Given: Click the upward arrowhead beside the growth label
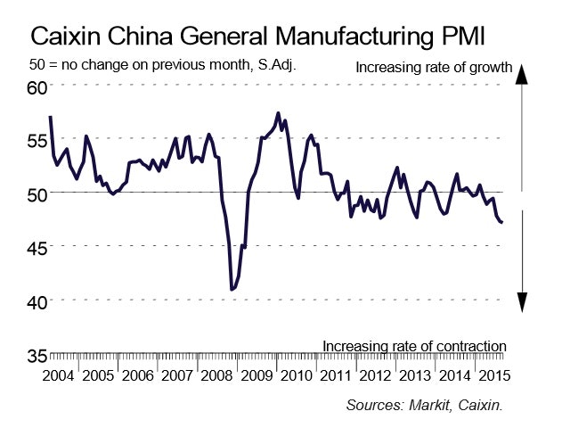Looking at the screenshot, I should tap(525, 74).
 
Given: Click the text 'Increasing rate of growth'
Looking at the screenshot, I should tap(434, 68).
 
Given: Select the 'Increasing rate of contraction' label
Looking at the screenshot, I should tap(414, 346).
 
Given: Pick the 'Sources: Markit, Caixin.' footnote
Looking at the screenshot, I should tap(425, 405).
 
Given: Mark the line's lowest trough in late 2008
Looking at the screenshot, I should tap(232, 289).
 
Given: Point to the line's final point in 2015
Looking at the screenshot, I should tap(502, 222).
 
